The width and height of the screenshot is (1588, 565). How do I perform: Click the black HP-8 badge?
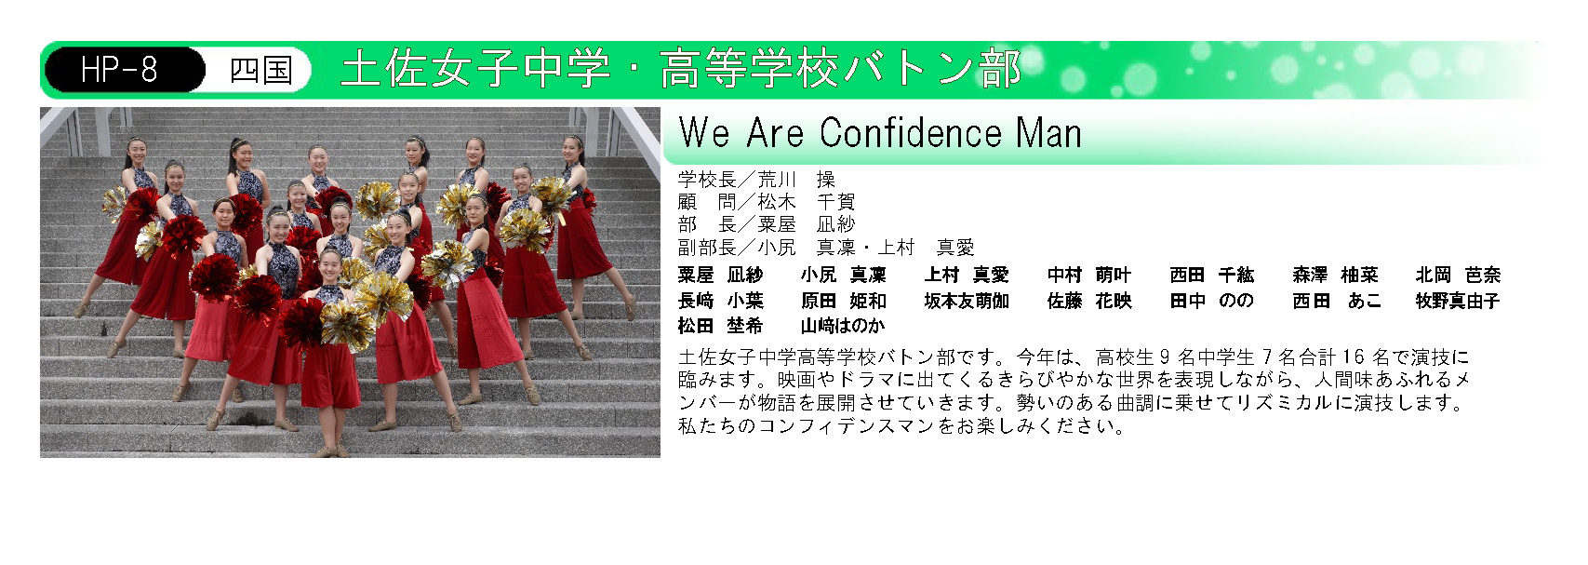coord(125,70)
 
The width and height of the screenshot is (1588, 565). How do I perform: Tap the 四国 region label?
coord(260,70)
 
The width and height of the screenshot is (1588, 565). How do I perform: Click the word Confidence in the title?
coord(910,133)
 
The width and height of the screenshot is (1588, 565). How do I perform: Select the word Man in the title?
coord(1048,133)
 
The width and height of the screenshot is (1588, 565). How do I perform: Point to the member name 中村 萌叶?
coord(1089,276)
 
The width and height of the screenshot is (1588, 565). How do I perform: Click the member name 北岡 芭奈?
coord(1458,276)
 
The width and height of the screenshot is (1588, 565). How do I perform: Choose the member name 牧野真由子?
coord(1458,301)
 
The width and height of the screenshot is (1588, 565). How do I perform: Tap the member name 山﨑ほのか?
coord(843,326)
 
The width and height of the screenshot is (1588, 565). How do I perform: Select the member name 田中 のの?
coord(1211,301)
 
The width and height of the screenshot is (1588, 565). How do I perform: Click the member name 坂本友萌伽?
coord(967,301)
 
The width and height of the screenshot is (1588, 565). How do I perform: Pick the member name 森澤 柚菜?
coord(1335,276)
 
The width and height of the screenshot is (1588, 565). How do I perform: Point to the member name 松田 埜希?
coord(720,326)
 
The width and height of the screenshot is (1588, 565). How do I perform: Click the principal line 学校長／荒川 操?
coord(756,180)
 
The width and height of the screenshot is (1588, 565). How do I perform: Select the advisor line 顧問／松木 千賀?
coord(767,202)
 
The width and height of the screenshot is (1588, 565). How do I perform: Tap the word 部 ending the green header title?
coord(999,69)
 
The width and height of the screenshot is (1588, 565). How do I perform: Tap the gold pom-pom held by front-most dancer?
coord(347,325)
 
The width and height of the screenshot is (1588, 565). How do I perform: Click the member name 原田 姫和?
coord(844,301)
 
